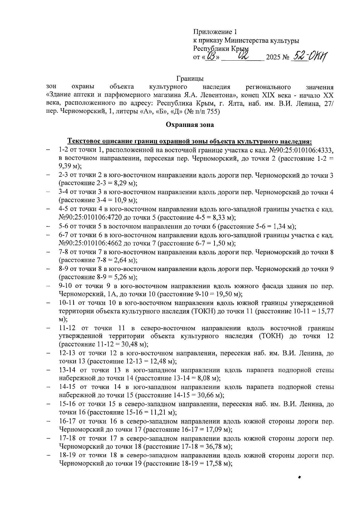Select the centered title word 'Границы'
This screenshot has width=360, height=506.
click(x=190, y=79)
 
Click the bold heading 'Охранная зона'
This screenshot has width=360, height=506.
click(x=190, y=125)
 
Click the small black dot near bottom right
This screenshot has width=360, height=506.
click(x=299, y=477)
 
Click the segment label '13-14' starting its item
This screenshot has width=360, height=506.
click(x=67, y=370)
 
